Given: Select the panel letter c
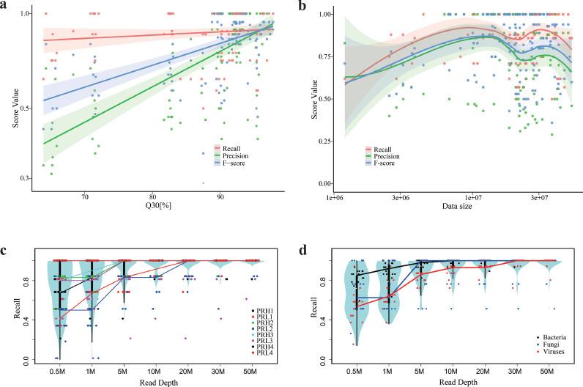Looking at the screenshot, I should (5, 248).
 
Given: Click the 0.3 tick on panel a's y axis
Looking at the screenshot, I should (24, 179).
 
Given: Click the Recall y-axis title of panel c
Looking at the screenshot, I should (8, 310).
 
